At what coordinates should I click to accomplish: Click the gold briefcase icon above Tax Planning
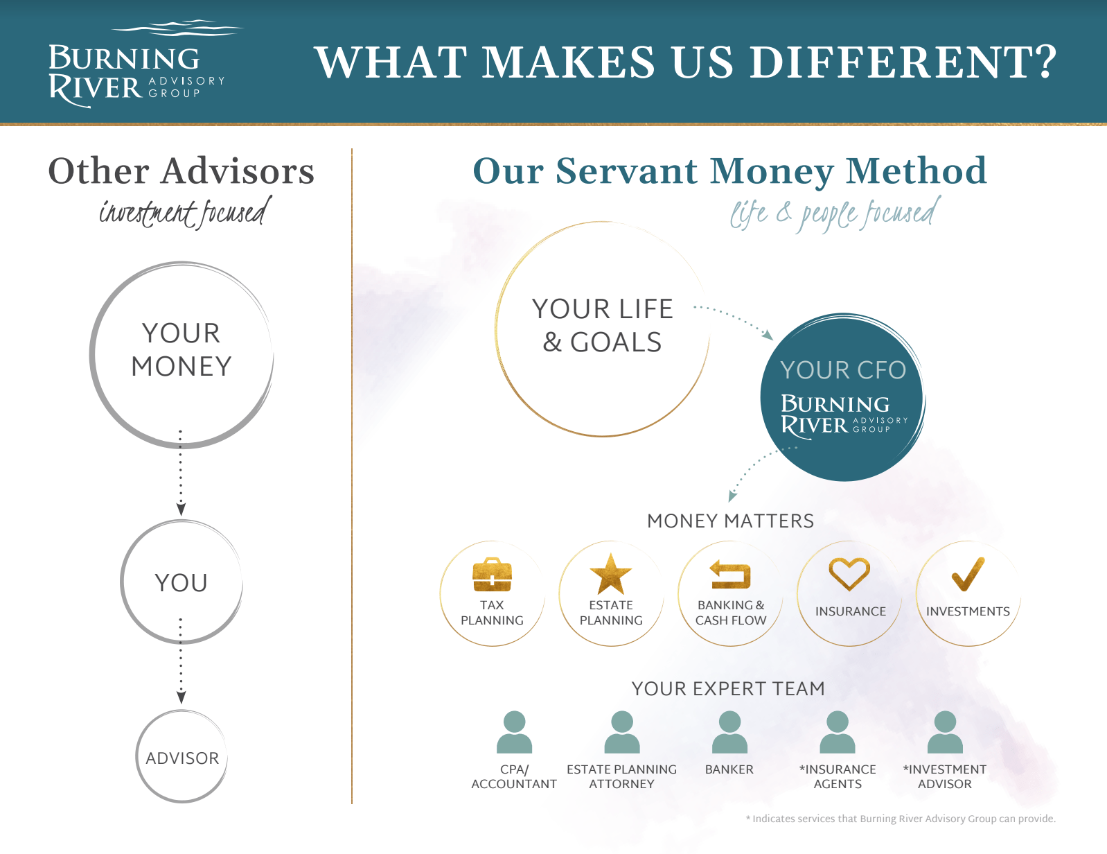tap(492, 574)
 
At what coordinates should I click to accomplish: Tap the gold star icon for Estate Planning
tap(610, 574)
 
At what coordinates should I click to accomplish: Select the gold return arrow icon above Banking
tap(730, 574)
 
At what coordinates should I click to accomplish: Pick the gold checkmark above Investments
tap(968, 574)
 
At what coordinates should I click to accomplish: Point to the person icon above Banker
tap(729, 732)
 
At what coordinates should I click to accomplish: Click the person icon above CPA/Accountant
tap(514, 732)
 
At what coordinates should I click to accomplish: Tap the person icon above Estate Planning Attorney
tap(621, 732)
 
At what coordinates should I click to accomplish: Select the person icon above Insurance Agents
tap(837, 732)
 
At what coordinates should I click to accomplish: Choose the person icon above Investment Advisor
tap(945, 732)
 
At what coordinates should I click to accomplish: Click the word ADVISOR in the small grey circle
tap(182, 758)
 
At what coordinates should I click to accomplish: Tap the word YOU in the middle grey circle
tap(181, 582)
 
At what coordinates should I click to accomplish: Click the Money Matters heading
tap(730, 521)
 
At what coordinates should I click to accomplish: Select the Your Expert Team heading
tap(728, 688)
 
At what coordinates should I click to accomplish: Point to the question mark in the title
tap(1045, 62)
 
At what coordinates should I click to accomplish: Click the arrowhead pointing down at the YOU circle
tap(181, 509)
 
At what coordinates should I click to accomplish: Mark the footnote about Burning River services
tap(901, 819)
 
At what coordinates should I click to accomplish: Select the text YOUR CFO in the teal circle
tap(843, 370)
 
